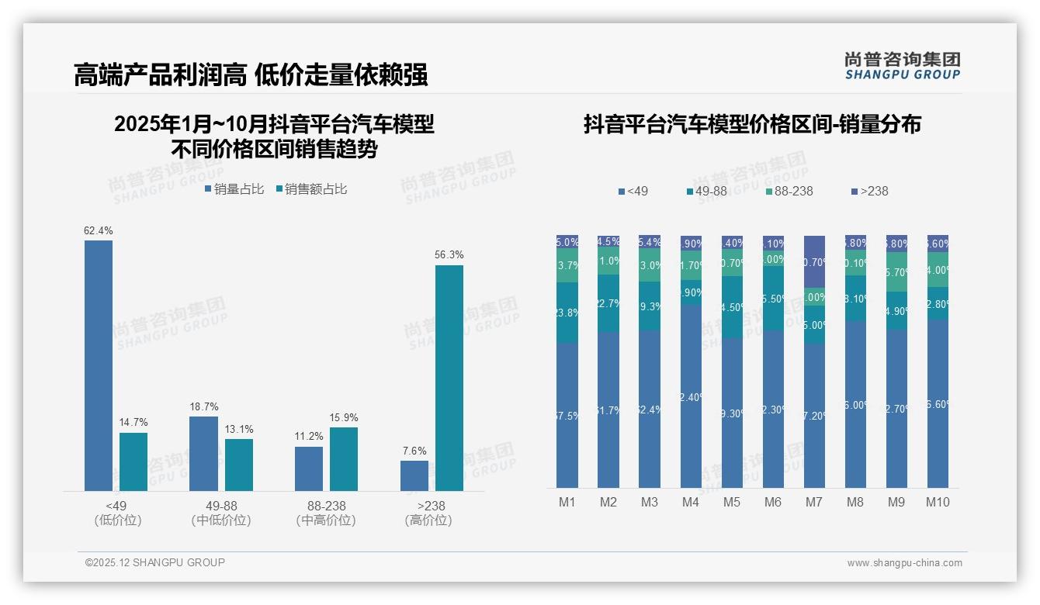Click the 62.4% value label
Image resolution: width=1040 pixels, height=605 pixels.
tap(99, 230)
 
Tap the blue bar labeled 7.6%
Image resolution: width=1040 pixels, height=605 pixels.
tap(414, 475)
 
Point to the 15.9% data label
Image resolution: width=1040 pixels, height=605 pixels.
tap(344, 418)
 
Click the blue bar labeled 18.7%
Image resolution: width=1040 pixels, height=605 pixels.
tap(203, 453)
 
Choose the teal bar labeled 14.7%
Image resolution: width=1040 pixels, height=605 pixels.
tap(133, 462)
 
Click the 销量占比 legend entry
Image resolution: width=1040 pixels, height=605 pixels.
tap(234, 188)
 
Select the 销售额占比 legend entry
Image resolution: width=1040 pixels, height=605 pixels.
tap(312, 188)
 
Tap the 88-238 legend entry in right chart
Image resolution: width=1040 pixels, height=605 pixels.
tap(790, 191)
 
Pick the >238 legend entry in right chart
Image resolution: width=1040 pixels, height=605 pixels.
tap(870, 191)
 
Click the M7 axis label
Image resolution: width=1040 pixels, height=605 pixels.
tap(813, 502)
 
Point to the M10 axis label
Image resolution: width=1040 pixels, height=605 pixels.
tap(938, 502)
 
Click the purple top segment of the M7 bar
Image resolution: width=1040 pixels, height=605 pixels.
tap(814, 261)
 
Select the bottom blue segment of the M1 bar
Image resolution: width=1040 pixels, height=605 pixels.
tap(567, 415)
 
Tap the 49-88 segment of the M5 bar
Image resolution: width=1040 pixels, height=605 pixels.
tap(732, 307)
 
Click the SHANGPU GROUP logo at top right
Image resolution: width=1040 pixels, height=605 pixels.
tap(903, 66)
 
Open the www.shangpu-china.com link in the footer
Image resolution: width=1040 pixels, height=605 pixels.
tap(904, 563)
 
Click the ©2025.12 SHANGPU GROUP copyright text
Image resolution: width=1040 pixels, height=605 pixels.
tap(155, 562)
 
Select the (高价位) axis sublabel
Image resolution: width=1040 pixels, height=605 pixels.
tap(428, 520)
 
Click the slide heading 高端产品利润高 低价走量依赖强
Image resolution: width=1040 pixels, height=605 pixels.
tap(250, 75)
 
